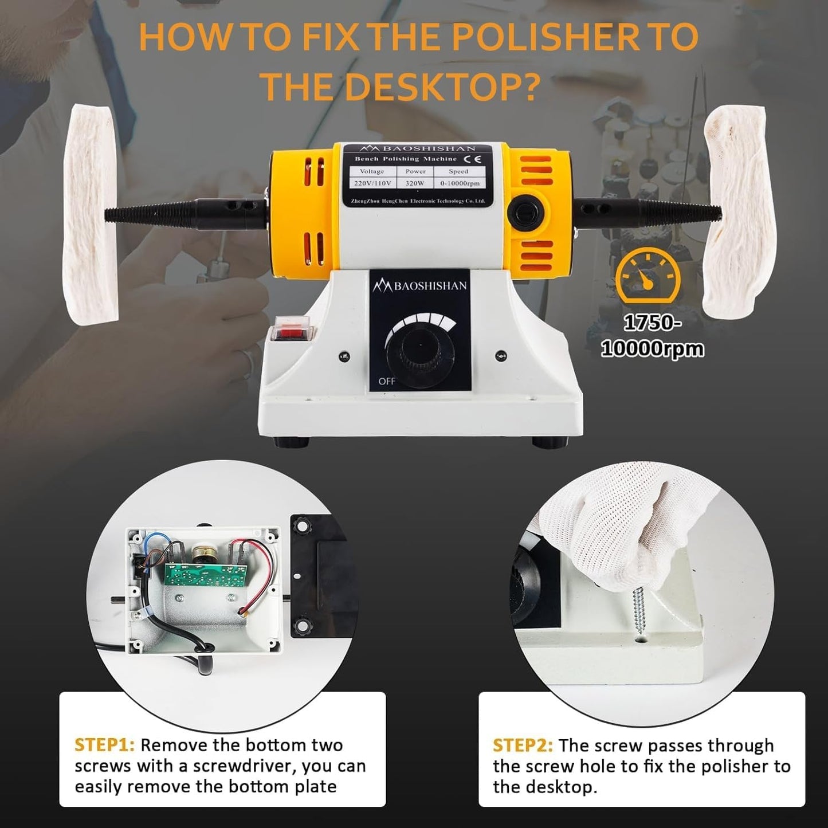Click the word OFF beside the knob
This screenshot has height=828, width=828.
pyautogui.click(x=387, y=381)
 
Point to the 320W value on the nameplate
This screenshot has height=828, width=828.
pyautogui.click(x=415, y=183)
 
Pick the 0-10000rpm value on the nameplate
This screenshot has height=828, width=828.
pyautogui.click(x=460, y=183)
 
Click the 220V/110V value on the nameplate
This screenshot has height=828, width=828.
pyautogui.click(x=372, y=183)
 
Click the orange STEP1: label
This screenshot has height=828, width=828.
pyautogui.click(x=104, y=745)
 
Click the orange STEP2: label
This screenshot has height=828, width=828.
pyautogui.click(x=523, y=745)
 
